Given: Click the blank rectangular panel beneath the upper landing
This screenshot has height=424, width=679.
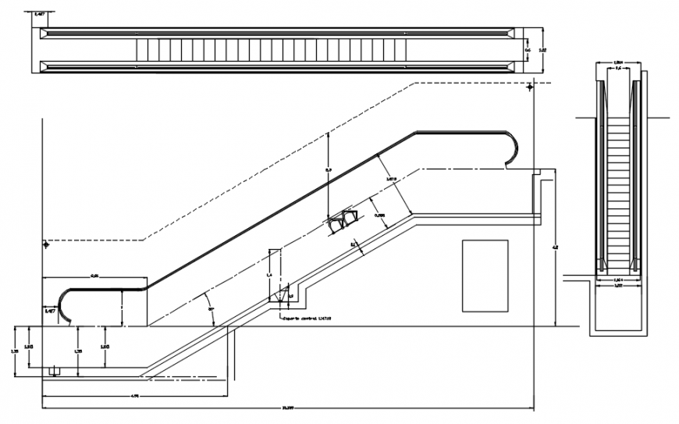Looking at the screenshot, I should point(485,275).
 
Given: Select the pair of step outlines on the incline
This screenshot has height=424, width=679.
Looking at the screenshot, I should point(343,221).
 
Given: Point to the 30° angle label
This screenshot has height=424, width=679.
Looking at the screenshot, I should point(211,310).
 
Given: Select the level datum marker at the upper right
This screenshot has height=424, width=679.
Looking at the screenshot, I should point(531,88).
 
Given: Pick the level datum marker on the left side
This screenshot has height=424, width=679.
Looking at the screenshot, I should point(47,244).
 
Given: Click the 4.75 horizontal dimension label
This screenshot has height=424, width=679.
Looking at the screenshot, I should point(134,396).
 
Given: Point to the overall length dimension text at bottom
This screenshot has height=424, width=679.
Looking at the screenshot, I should point(287,408).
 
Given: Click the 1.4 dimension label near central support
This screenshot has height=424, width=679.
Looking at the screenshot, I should point(269,275).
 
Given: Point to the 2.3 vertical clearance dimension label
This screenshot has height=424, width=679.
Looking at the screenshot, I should point(328,169).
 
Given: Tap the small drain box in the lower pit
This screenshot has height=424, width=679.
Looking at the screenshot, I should point(54,370).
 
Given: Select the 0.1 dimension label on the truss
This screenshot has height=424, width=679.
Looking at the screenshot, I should point(352,244).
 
